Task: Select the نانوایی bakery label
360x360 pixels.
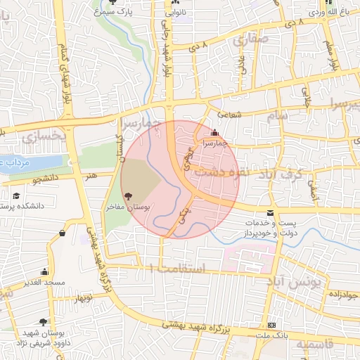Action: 176,13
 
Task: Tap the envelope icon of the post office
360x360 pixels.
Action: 271,212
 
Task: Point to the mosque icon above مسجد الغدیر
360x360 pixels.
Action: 46,271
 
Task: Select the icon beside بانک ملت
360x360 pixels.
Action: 272,325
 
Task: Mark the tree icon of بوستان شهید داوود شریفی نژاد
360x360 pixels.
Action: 44,321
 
